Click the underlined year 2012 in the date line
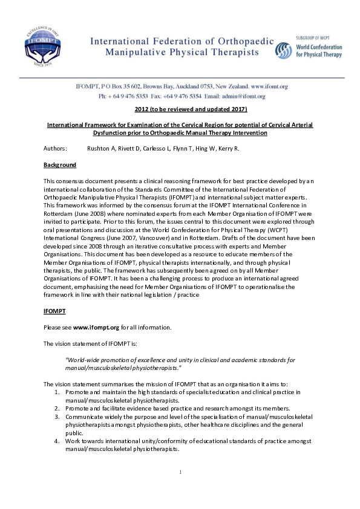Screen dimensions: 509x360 [x=143, y=109]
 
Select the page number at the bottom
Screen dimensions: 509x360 [x=180, y=471]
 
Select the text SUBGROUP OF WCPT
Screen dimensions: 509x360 [x=318, y=37]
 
